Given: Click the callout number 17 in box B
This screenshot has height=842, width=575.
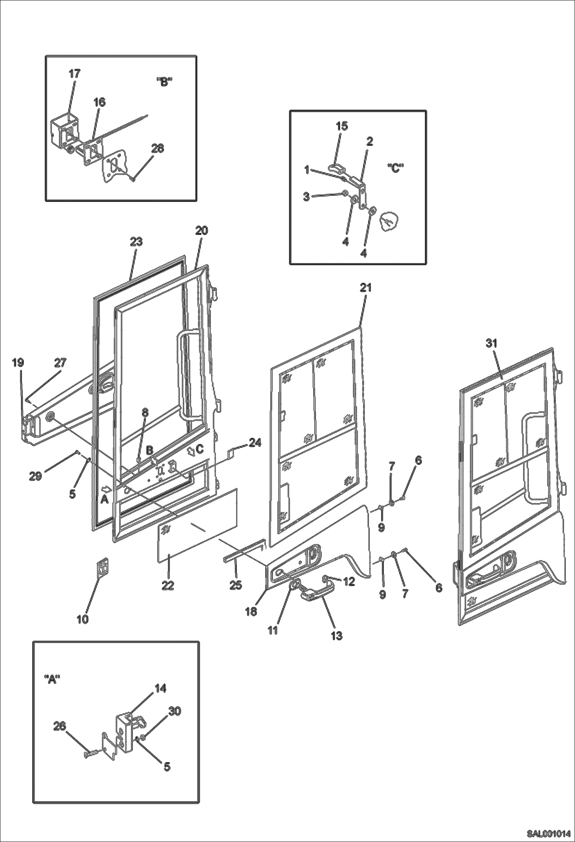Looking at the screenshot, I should (x=74, y=74).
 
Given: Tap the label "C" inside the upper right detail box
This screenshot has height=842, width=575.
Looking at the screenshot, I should (x=395, y=168).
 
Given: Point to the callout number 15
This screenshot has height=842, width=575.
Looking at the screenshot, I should (x=342, y=126).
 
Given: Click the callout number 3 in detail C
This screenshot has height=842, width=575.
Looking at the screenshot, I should (x=306, y=197).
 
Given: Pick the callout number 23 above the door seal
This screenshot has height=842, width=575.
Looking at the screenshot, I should (x=136, y=241).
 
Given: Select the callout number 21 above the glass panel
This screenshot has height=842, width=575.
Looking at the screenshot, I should (x=366, y=287).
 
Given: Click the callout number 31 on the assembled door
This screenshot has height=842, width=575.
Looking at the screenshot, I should (x=491, y=343).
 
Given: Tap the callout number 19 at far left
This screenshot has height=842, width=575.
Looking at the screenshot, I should (x=18, y=362).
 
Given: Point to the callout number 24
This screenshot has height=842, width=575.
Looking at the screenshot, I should (x=254, y=442).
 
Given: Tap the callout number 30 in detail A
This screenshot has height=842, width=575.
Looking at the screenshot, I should (x=175, y=711).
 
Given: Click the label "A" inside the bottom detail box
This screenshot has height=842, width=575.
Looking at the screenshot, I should (x=51, y=679).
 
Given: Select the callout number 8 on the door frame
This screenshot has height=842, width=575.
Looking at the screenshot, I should (x=145, y=413).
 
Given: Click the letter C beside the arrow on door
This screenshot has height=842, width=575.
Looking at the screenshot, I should (x=200, y=448).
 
